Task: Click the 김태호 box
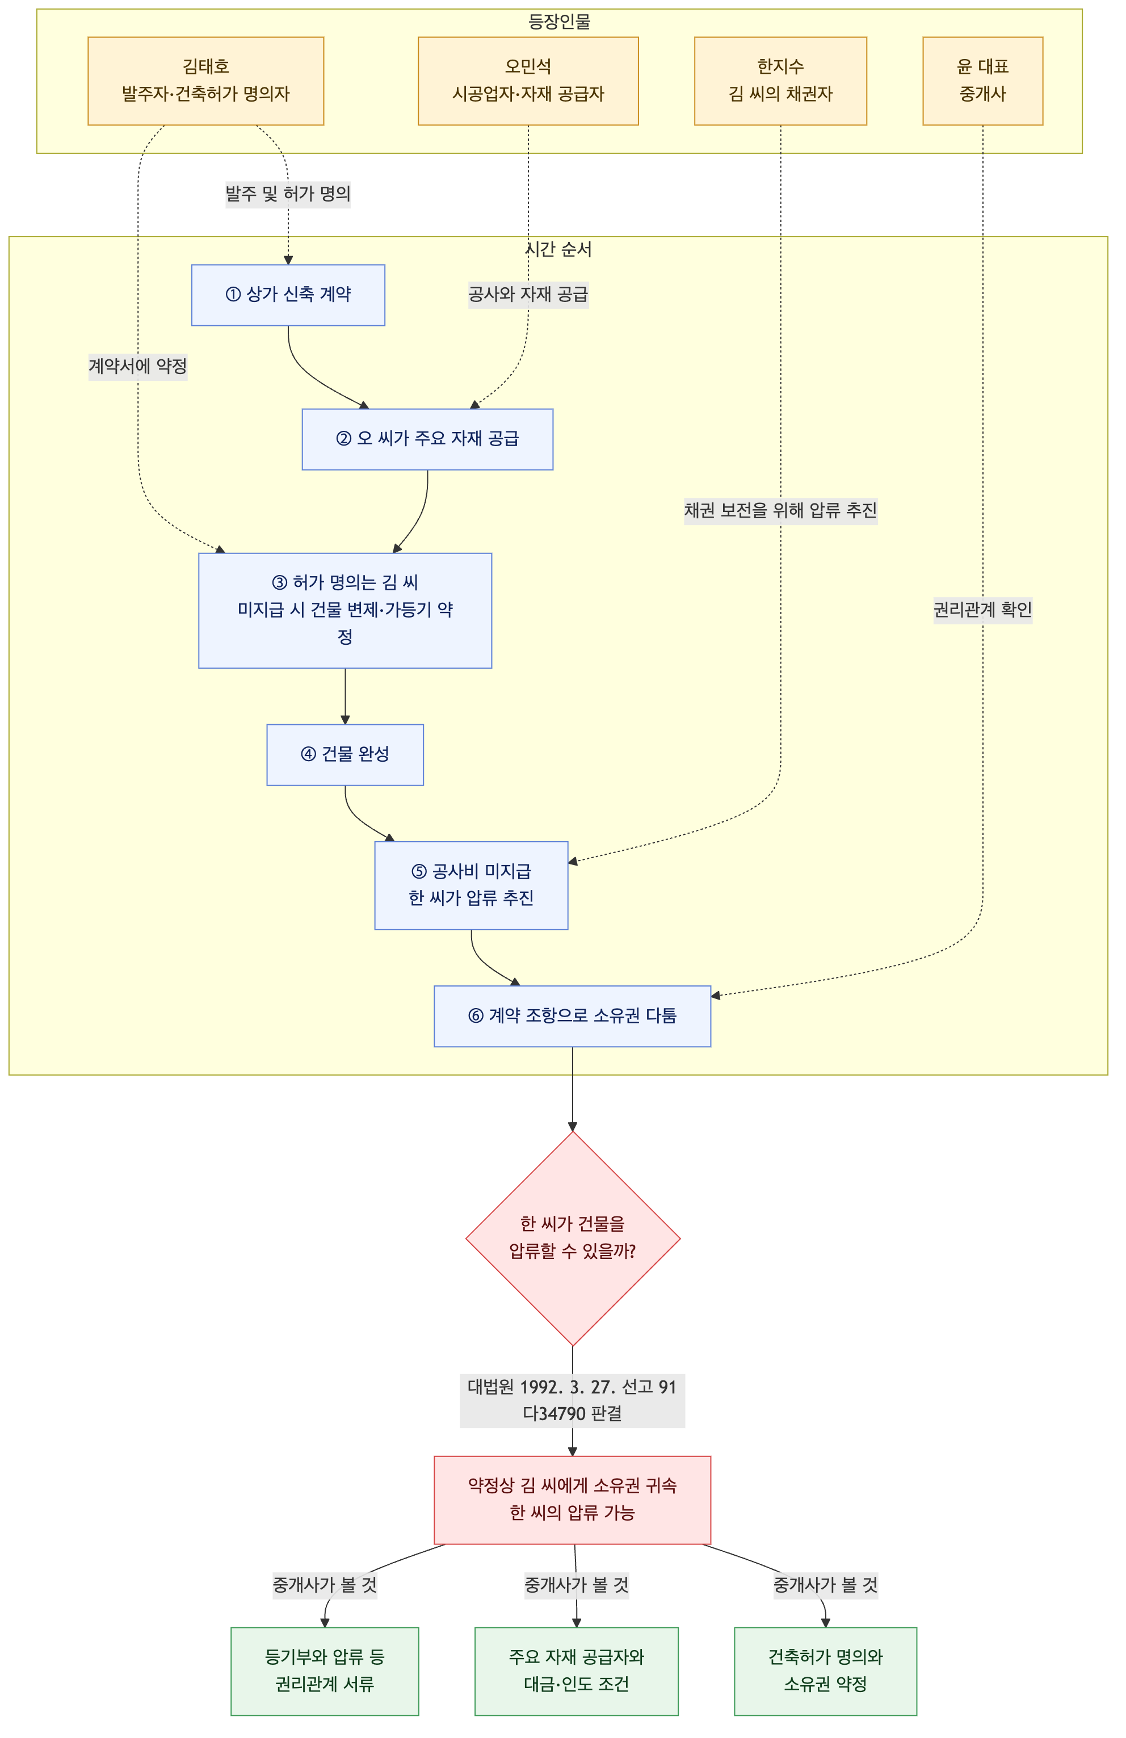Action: pyautogui.click(x=205, y=81)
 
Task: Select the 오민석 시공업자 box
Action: pyautogui.click(x=528, y=81)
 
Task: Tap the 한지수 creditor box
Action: pyautogui.click(x=780, y=81)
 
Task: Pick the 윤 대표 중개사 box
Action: pyautogui.click(x=982, y=81)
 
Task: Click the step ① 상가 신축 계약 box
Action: pyautogui.click(x=288, y=295)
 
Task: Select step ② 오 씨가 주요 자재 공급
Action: pyautogui.click(x=427, y=439)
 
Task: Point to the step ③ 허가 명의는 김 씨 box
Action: pyautogui.click(x=344, y=611)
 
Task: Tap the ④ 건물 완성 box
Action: pyautogui.click(x=344, y=754)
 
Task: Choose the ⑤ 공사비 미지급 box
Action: pyautogui.click(x=471, y=885)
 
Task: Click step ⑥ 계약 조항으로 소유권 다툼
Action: pyautogui.click(x=572, y=1016)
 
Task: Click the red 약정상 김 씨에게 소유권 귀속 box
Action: pyautogui.click(x=572, y=1500)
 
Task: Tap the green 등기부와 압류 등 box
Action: pyautogui.click(x=324, y=1671)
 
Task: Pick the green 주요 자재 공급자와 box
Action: pyautogui.click(x=576, y=1671)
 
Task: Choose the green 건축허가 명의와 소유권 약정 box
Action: pyautogui.click(x=825, y=1671)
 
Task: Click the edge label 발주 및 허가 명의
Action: pyautogui.click(x=288, y=194)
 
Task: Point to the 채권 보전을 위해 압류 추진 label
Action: pyautogui.click(x=780, y=510)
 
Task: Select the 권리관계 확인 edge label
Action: pyautogui.click(x=982, y=610)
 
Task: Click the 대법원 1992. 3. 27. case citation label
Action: pyautogui.click(x=572, y=1400)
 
